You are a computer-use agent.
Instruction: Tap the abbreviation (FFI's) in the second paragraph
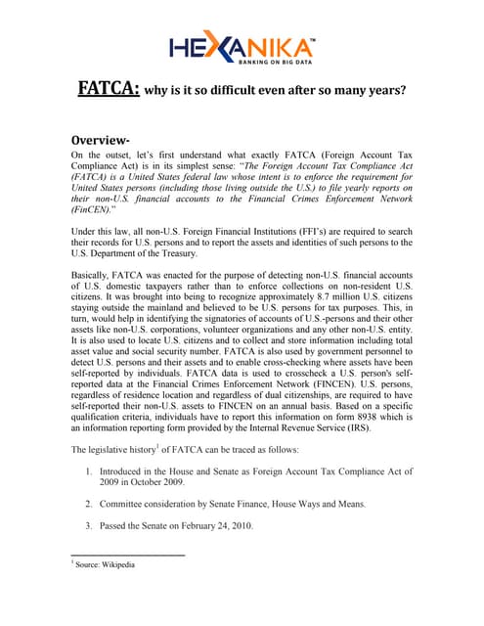click(293, 229)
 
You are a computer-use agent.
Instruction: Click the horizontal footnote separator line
click(128, 556)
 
